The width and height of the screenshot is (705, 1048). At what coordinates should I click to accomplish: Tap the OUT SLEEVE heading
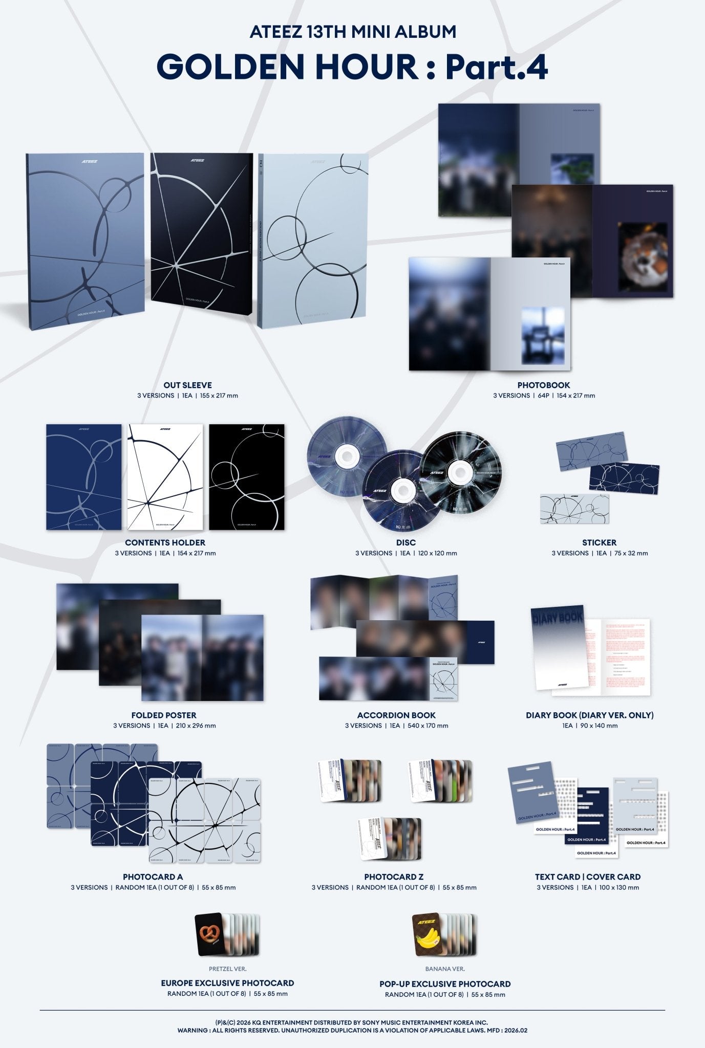tap(187, 385)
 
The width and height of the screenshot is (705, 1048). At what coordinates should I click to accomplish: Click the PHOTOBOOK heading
tap(543, 385)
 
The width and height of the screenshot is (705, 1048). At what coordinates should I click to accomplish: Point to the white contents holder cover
tap(165, 477)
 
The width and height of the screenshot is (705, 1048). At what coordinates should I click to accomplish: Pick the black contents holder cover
tap(247, 477)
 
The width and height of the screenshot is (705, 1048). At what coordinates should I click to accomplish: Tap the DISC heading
tap(406, 542)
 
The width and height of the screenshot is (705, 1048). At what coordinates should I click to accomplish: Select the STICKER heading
tap(599, 542)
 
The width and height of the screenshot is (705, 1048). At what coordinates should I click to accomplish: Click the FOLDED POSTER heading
tap(164, 715)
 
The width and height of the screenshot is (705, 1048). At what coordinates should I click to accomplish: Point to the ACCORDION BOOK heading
tap(396, 715)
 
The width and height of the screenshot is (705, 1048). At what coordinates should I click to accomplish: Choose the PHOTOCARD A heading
tap(153, 877)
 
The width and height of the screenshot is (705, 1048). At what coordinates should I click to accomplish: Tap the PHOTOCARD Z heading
tap(394, 877)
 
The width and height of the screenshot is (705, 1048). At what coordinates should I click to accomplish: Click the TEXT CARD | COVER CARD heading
tap(588, 877)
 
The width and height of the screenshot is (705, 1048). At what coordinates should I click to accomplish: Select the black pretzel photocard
tap(208, 934)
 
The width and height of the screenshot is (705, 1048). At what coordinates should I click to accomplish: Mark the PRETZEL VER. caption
tap(227, 968)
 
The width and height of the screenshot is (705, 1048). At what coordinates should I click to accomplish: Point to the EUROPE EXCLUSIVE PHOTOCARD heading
tap(227, 982)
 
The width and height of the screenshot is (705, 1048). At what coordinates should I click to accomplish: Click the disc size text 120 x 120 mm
tap(437, 553)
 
